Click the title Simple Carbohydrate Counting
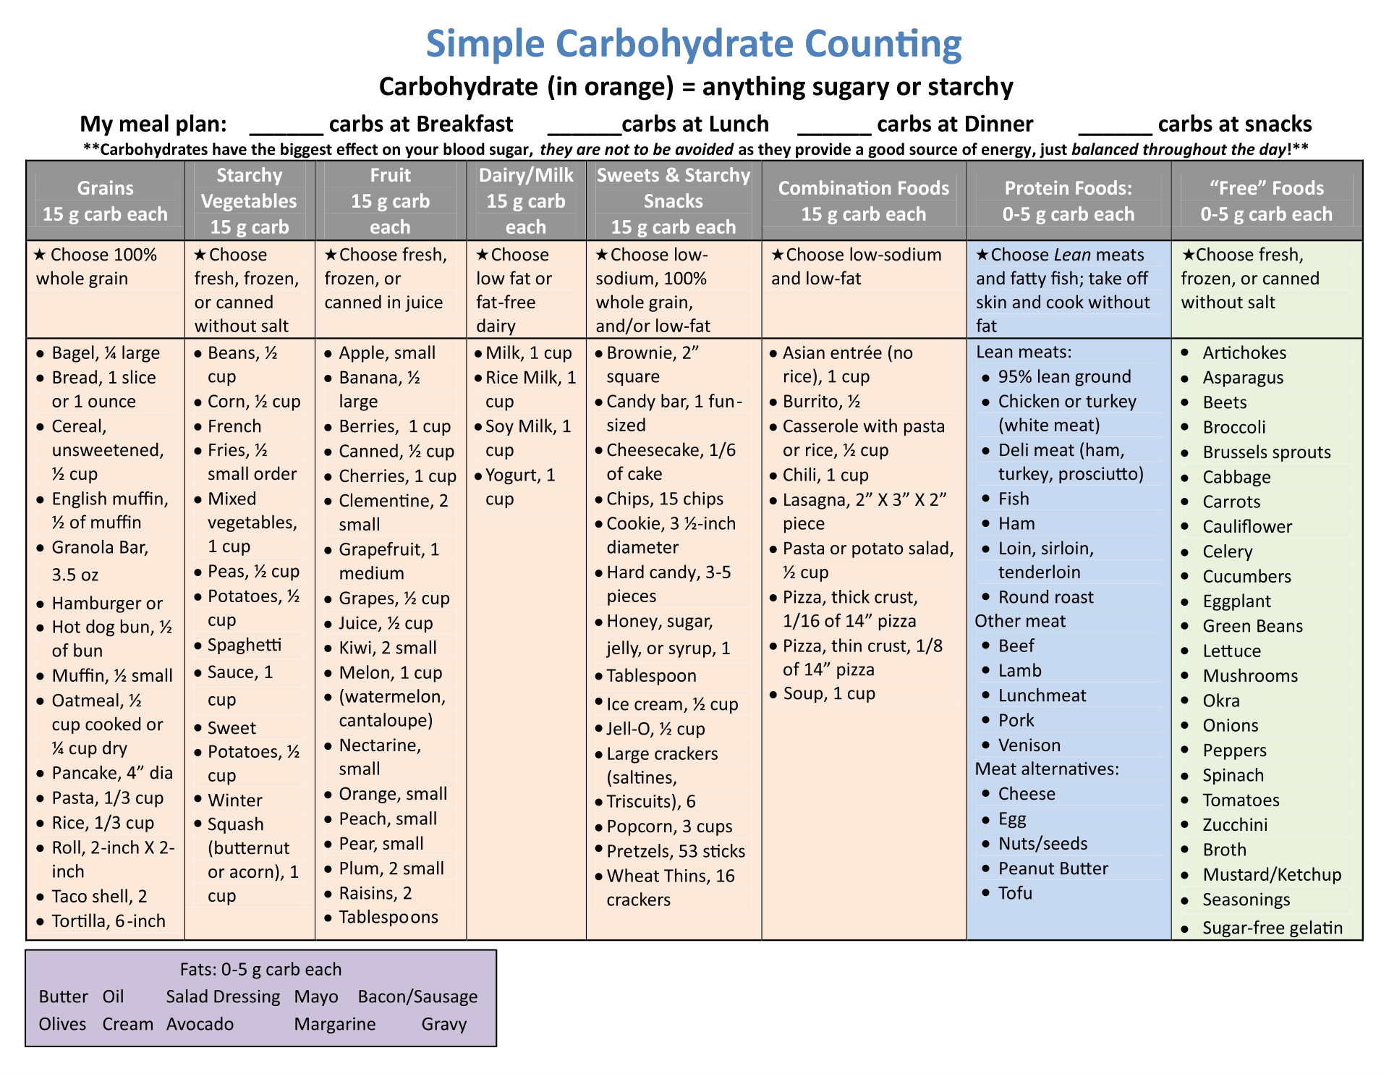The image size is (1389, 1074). point(694,43)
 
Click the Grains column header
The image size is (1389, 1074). point(105,200)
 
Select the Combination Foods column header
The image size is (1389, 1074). point(863,200)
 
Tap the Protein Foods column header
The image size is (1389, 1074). point(1068,200)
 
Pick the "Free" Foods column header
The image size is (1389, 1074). point(1266,200)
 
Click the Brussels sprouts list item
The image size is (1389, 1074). point(1266,452)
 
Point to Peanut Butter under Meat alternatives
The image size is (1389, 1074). point(1053,868)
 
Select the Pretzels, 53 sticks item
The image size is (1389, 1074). point(676,851)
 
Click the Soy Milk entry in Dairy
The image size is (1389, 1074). point(528,427)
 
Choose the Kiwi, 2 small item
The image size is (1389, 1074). point(388,648)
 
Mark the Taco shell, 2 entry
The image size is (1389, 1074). point(99,897)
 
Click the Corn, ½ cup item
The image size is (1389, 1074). point(254,402)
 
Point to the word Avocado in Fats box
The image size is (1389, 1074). point(200,1024)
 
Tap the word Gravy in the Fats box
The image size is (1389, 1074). point(443,1024)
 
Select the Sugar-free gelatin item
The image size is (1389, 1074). point(1272,928)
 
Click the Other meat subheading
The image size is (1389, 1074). point(1020,621)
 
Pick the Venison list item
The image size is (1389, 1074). point(1029,745)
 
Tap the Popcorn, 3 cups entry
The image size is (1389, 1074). point(669,826)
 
